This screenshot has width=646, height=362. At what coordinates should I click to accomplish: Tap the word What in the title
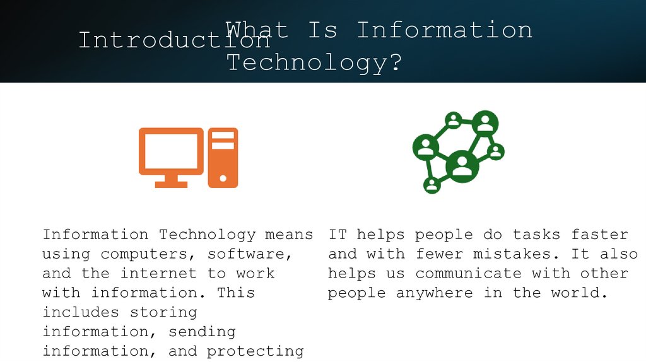[x=257, y=30]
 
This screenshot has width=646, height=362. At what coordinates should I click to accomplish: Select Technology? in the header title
[x=314, y=62]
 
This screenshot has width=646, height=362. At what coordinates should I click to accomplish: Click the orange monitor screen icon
[x=171, y=151]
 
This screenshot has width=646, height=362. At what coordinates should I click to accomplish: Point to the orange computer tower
[x=223, y=157]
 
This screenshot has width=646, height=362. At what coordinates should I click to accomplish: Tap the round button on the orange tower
[x=223, y=178]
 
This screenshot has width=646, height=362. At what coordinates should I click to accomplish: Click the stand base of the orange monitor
[x=171, y=184]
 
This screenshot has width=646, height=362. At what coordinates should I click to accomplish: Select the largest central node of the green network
[x=462, y=166]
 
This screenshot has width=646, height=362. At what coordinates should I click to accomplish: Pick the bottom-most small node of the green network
[x=432, y=185]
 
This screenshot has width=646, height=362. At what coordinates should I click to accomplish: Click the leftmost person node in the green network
[x=426, y=146]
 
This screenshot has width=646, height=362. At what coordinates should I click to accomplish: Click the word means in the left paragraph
[x=289, y=235]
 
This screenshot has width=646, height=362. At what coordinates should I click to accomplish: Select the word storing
[x=163, y=312]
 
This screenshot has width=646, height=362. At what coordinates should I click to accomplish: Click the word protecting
[x=255, y=351]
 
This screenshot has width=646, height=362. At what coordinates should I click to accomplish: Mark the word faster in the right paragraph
[x=599, y=235]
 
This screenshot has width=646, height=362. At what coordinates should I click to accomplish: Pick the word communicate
[x=468, y=274]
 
